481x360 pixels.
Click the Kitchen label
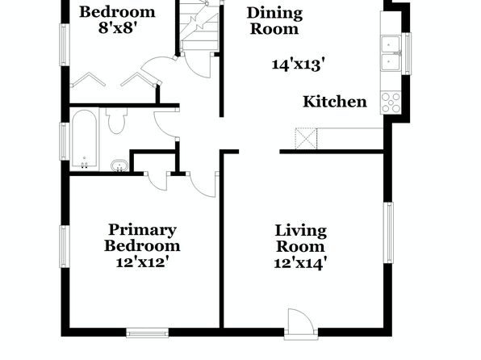(335, 102)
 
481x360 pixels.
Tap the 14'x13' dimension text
(298, 65)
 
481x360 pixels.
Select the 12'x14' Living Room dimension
(300, 263)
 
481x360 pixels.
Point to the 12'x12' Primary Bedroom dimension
(142, 262)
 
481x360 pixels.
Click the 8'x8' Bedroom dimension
(117, 28)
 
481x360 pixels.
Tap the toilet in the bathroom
(116, 120)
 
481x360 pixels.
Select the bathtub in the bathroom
(85, 140)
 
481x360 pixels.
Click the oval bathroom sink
(119, 165)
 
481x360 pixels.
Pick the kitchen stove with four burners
(391, 103)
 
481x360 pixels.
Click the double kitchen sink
(391, 53)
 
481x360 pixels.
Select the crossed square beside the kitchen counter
(306, 139)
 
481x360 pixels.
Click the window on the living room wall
(388, 232)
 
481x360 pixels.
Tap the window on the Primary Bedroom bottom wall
(148, 333)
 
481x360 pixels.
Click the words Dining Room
(274, 21)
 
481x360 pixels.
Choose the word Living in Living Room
(300, 231)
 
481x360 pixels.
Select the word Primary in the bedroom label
(142, 230)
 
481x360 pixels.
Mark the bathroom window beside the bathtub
(64, 141)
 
